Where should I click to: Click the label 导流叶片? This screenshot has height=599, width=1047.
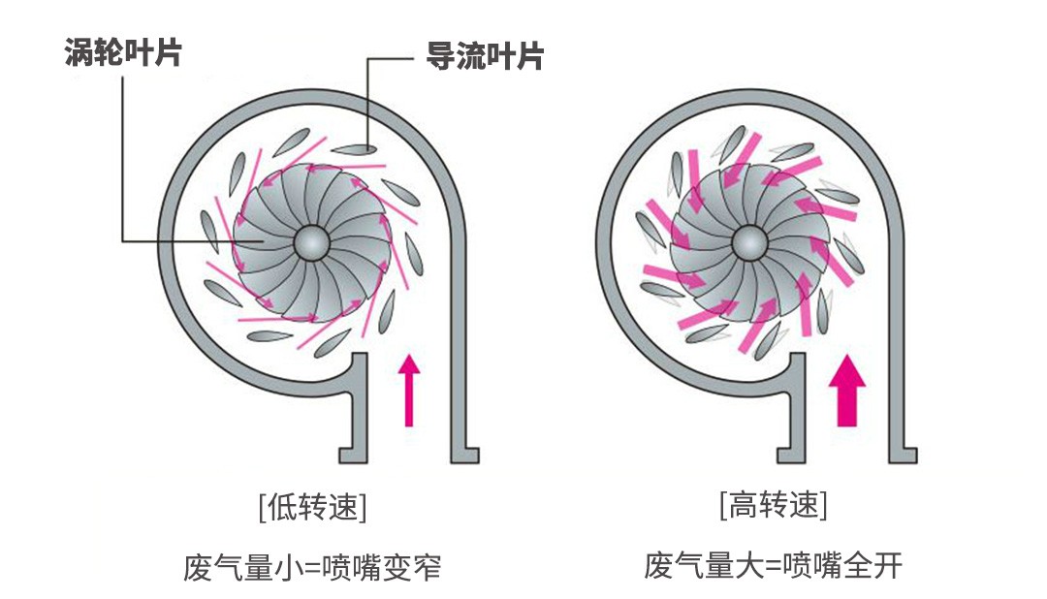point(485,55)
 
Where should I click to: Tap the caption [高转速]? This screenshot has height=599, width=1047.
point(773,505)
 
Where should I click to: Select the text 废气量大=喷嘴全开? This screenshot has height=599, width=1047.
point(773,564)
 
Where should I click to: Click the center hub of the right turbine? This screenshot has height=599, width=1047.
point(747,241)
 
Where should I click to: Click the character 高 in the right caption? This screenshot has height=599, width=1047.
point(742,505)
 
